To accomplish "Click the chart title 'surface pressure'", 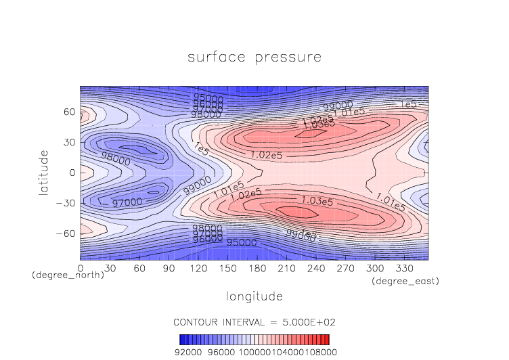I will click(254, 57).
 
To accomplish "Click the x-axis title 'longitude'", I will click(254, 296).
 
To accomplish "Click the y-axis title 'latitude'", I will click(44, 173).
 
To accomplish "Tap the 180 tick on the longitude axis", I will click(138, 268).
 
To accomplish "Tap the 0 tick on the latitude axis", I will click(72, 173).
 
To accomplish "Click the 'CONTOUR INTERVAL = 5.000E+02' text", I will click(254, 321).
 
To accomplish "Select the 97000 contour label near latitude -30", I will click(127, 202).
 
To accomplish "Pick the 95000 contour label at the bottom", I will click(241, 242).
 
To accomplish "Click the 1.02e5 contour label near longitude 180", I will click(266, 154).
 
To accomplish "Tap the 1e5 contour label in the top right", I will click(408, 104).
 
